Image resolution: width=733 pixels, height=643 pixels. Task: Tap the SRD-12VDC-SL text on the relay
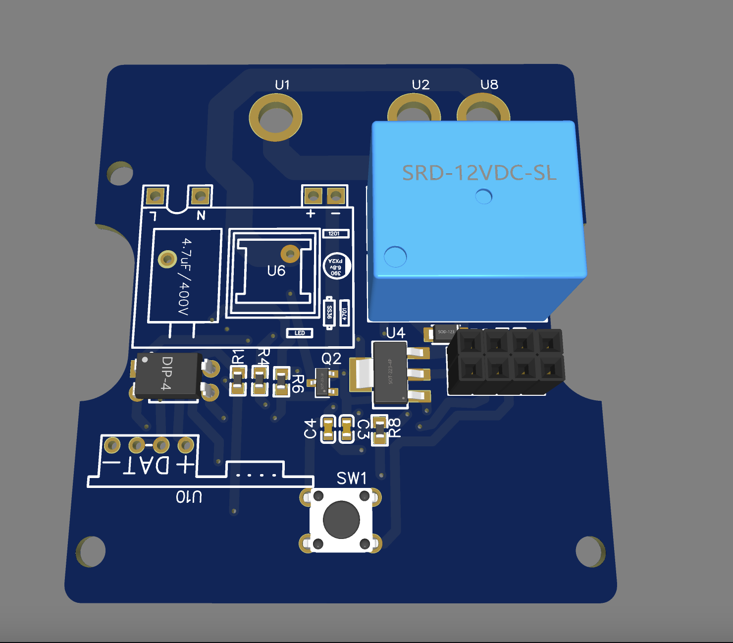479,173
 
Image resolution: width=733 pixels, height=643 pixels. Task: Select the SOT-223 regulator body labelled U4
390,372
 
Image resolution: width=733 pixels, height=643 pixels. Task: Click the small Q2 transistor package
323,382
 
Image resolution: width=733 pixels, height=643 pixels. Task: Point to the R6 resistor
281,382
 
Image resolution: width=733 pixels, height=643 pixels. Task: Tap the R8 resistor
379,430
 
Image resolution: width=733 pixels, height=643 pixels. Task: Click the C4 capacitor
328,429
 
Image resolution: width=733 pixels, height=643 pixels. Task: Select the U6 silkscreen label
276,271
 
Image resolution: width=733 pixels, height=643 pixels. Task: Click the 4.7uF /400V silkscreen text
185,276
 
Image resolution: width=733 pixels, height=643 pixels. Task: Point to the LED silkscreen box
300,333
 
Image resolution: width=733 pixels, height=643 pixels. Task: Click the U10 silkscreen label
189,497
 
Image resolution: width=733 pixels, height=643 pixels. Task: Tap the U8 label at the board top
489,85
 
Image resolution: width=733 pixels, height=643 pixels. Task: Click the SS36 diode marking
329,313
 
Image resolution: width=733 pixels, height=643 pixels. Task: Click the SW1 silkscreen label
351,478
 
